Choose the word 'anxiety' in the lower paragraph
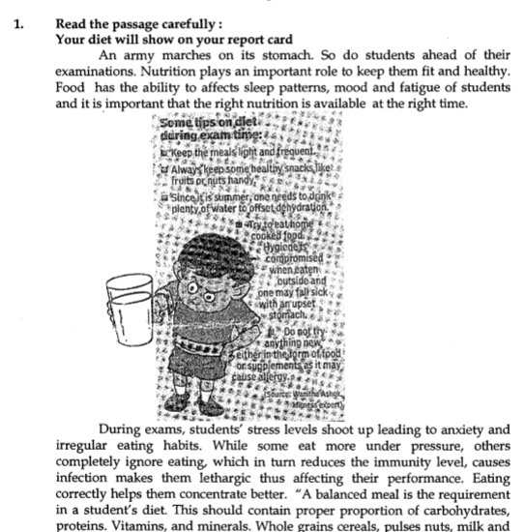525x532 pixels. pos(466,430)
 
